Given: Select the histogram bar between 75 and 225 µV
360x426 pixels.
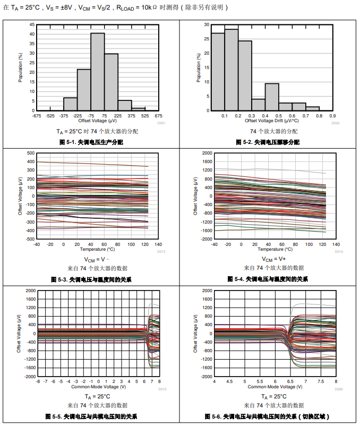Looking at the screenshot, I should (x=111, y=82).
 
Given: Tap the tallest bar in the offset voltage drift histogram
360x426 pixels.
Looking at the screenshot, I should (x=231, y=70).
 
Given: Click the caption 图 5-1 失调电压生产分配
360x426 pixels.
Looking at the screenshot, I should (x=90, y=142).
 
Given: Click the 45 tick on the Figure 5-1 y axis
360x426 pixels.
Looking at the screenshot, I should (x=32, y=24).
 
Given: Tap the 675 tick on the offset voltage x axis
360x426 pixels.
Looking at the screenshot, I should (x=158, y=115).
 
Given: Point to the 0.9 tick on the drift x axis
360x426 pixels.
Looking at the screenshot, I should (x=333, y=115).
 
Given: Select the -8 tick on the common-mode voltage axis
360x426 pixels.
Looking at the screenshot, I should (x=37, y=381).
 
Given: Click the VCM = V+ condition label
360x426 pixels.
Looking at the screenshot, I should (x=274, y=259).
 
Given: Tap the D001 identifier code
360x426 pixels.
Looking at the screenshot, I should (x=161, y=123).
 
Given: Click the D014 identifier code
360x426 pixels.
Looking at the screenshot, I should (x=339, y=251).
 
